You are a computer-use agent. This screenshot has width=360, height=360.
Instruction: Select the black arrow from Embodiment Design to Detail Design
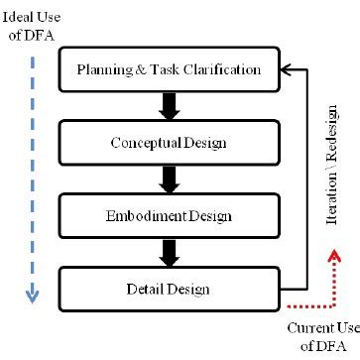pyautogui.click(x=169, y=252)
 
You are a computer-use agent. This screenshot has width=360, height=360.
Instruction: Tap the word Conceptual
pyautogui.click(x=139, y=144)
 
